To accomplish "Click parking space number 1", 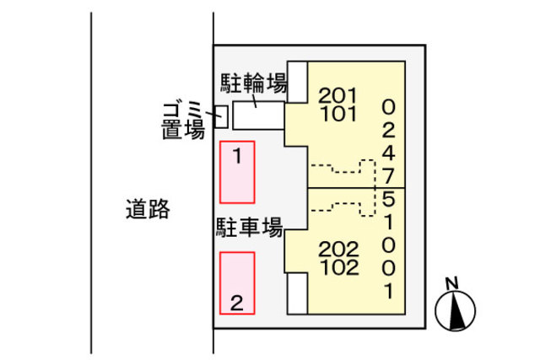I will point(237,172).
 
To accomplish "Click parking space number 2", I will point(237,283).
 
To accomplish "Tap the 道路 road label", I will point(148,208).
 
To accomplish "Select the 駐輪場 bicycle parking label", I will point(254,83).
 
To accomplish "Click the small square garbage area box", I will point(221,116).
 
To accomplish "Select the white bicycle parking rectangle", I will point(258,116).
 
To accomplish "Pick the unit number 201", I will point(338,94).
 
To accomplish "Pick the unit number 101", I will point(338,112).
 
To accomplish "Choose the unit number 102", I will point(339,268).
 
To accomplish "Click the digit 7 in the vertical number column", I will point(388,176).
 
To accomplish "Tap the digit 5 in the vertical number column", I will point(388,200).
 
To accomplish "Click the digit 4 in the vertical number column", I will point(388,153).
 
